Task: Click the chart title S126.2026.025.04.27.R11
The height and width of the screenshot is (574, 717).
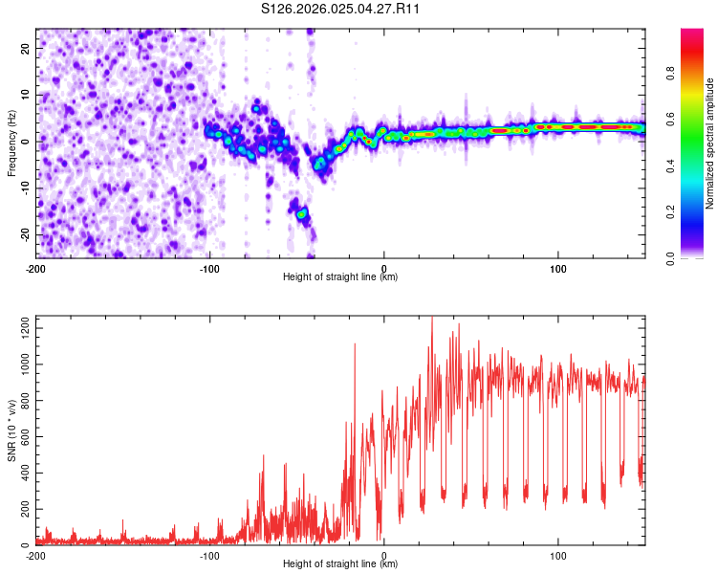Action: [339, 9]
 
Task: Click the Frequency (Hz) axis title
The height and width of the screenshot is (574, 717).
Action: [11, 143]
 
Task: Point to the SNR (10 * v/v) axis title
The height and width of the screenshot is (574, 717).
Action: [11, 430]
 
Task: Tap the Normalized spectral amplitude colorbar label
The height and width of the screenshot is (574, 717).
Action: [709, 143]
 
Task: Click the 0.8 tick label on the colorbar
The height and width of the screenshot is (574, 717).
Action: [671, 74]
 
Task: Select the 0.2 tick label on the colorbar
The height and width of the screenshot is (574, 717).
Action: [671, 212]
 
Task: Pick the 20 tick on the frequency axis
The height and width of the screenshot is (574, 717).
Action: [25, 48]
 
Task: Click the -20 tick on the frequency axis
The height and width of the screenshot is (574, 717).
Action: [25, 235]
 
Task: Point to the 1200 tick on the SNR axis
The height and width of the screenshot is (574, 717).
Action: [25, 328]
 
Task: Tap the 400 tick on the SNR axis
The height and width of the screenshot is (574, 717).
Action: [25, 473]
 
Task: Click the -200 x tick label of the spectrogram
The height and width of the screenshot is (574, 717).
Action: [35, 269]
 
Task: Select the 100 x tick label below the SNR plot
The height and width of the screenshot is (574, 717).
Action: [558, 556]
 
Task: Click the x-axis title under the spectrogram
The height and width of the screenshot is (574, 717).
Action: [340, 276]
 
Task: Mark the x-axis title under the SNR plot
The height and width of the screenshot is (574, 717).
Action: [340, 563]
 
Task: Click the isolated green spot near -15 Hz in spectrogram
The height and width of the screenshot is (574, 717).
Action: [301, 213]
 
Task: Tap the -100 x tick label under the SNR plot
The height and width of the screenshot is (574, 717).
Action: [209, 556]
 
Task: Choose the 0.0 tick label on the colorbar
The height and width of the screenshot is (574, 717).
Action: [671, 258]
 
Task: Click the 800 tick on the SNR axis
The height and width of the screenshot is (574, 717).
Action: [25, 401]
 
